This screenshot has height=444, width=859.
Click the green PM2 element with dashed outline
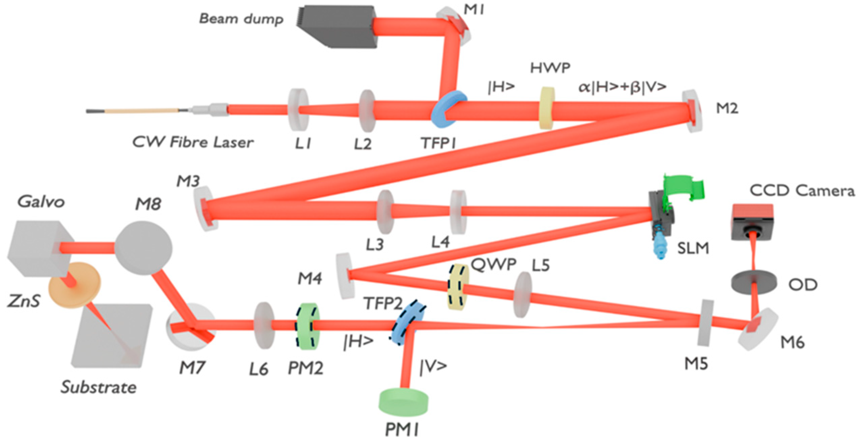point(307,326)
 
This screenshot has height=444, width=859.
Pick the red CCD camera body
point(753,221)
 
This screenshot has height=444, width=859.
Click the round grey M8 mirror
point(143,248)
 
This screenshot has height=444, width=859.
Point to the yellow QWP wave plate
point(458,287)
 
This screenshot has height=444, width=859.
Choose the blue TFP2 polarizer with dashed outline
point(407,323)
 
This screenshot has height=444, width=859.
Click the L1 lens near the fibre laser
point(298,110)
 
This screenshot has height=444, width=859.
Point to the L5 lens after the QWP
point(522,295)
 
